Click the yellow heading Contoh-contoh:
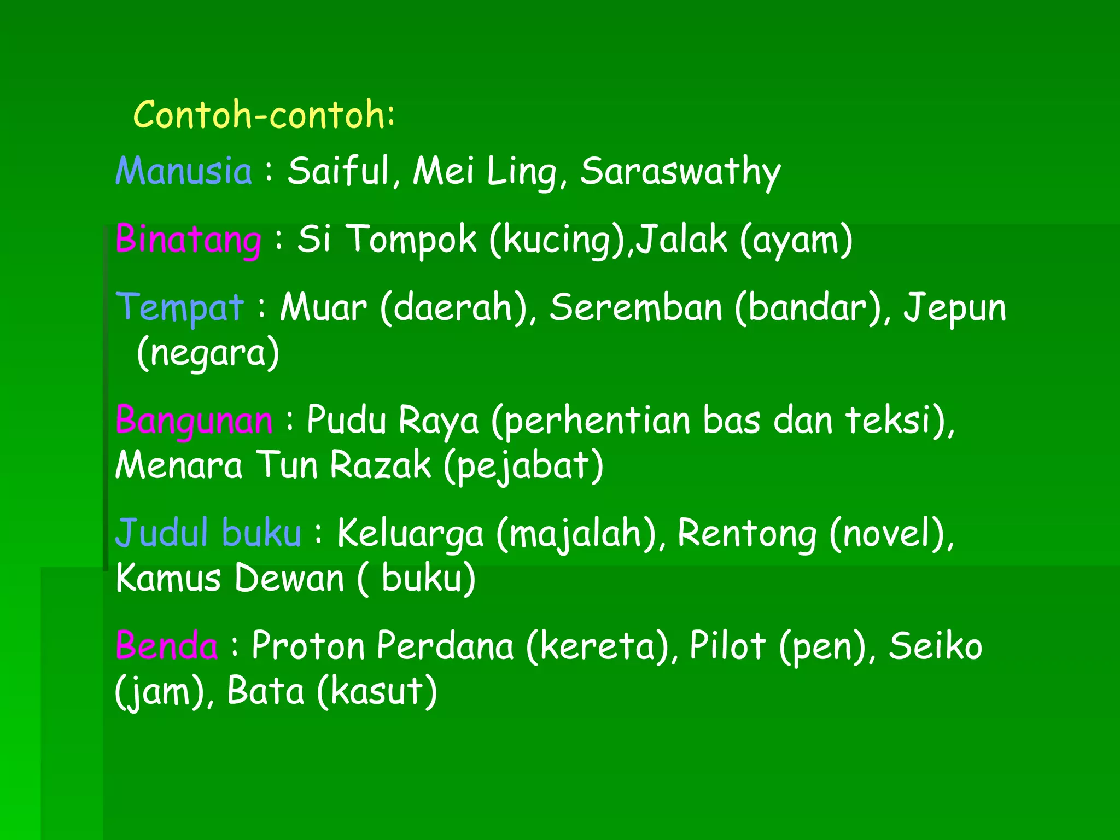pyautogui.click(x=264, y=115)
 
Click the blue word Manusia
pyautogui.click(x=184, y=171)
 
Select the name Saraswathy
pyautogui.click(x=680, y=172)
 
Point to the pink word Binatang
pyautogui.click(x=189, y=240)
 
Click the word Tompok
pyautogui.click(x=411, y=240)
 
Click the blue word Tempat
pyautogui.click(x=179, y=307)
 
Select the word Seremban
pyautogui.click(x=636, y=307)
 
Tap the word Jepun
pyautogui.click(x=954, y=308)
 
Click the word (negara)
pyautogui.click(x=208, y=353)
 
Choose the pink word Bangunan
pyautogui.click(x=194, y=421)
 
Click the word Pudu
pyautogui.click(x=346, y=421)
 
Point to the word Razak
pyautogui.click(x=381, y=465)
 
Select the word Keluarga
pyautogui.click(x=411, y=534)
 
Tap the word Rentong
pyautogui.click(x=747, y=534)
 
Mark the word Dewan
pyautogui.click(x=289, y=578)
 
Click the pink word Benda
pyautogui.click(x=167, y=646)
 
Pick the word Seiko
pyautogui.click(x=935, y=646)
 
